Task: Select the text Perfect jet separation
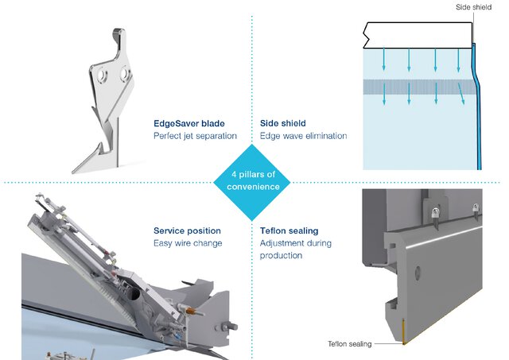coord(195,136)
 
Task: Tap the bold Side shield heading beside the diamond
coord(286,123)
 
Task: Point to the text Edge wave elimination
coord(303,136)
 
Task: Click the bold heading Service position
coord(187,230)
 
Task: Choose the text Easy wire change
coord(188,243)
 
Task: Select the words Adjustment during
coord(295,243)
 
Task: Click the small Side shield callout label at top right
coord(474,6)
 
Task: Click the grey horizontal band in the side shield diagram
coord(414,86)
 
